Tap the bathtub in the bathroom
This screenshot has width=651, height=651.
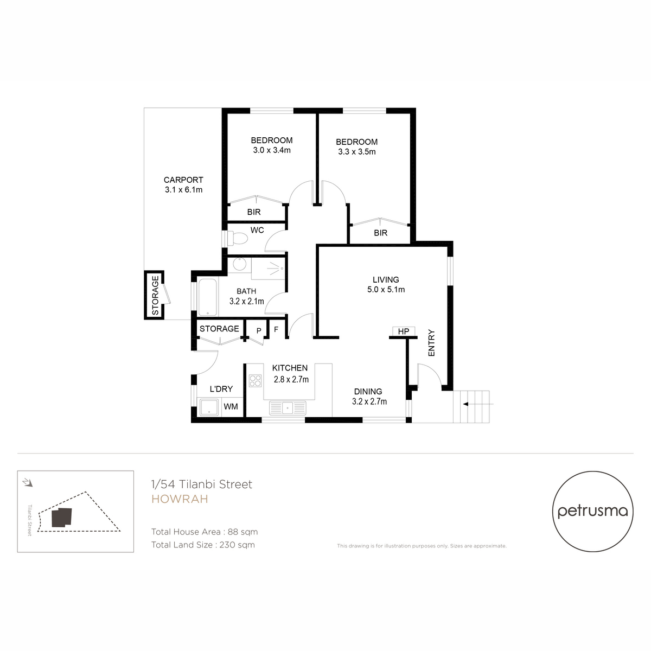click(207, 297)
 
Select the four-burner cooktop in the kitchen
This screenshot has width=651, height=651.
click(255, 381)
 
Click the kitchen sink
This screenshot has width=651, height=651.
click(288, 408)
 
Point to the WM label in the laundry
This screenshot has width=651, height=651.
click(231, 407)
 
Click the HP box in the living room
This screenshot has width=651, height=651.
click(404, 331)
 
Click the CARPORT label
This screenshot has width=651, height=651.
click(183, 180)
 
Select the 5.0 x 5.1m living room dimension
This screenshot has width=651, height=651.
click(386, 290)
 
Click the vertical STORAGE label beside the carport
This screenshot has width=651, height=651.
click(155, 295)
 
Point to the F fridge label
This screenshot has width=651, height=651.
click(276, 329)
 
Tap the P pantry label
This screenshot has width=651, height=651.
click(259, 331)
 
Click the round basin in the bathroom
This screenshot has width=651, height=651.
click(240, 264)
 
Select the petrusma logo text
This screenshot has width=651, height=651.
click(592, 511)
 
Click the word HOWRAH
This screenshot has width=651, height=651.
click(180, 499)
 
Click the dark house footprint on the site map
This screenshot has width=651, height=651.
click(62, 517)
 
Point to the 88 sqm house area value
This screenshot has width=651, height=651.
click(242, 532)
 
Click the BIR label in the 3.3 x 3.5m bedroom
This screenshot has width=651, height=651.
click(380, 233)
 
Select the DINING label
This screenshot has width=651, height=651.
click(368, 392)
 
